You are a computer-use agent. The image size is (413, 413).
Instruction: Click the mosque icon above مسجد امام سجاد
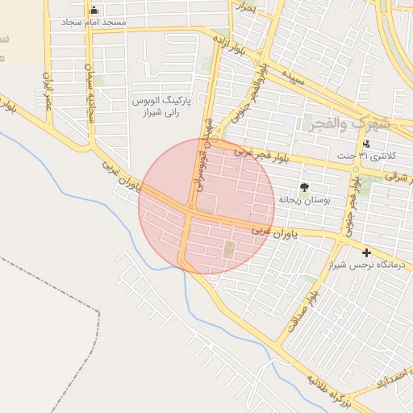pyautogui.click(x=94, y=10)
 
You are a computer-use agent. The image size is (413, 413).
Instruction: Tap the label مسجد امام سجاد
pyautogui.click(x=94, y=22)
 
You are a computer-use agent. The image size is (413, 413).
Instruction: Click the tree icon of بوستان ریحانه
pyautogui.click(x=303, y=186)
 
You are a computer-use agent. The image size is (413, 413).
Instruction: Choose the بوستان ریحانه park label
pyautogui.click(x=302, y=198)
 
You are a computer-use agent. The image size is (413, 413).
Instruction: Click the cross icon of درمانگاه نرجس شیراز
pyautogui.click(x=367, y=252)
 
